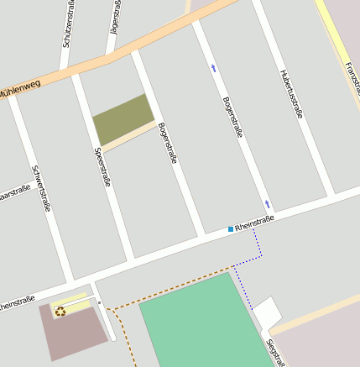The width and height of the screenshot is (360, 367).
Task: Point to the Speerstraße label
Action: pos(103,167)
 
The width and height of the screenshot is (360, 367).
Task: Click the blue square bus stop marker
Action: pos(231,228)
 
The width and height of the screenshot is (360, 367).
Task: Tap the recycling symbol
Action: pos(60,312)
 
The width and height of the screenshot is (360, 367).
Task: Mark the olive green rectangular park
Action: pos(123,118)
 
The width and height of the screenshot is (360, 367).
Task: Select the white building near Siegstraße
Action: pos(268,312)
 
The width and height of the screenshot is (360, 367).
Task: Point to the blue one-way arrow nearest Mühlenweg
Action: pos(213,68)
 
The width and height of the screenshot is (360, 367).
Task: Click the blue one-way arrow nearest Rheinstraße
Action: pos(267,204)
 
